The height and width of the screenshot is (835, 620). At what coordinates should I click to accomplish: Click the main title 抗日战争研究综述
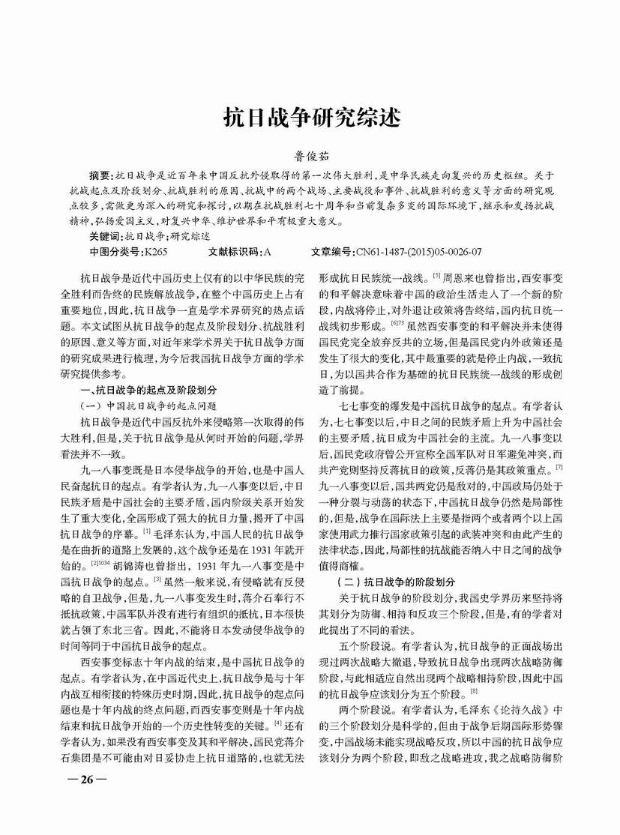pyautogui.click(x=310, y=118)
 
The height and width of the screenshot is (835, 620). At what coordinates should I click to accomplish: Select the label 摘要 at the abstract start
pyautogui.click(x=101, y=174)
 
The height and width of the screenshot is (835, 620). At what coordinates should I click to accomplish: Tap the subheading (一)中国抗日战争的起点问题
pyautogui.click(x=153, y=404)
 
